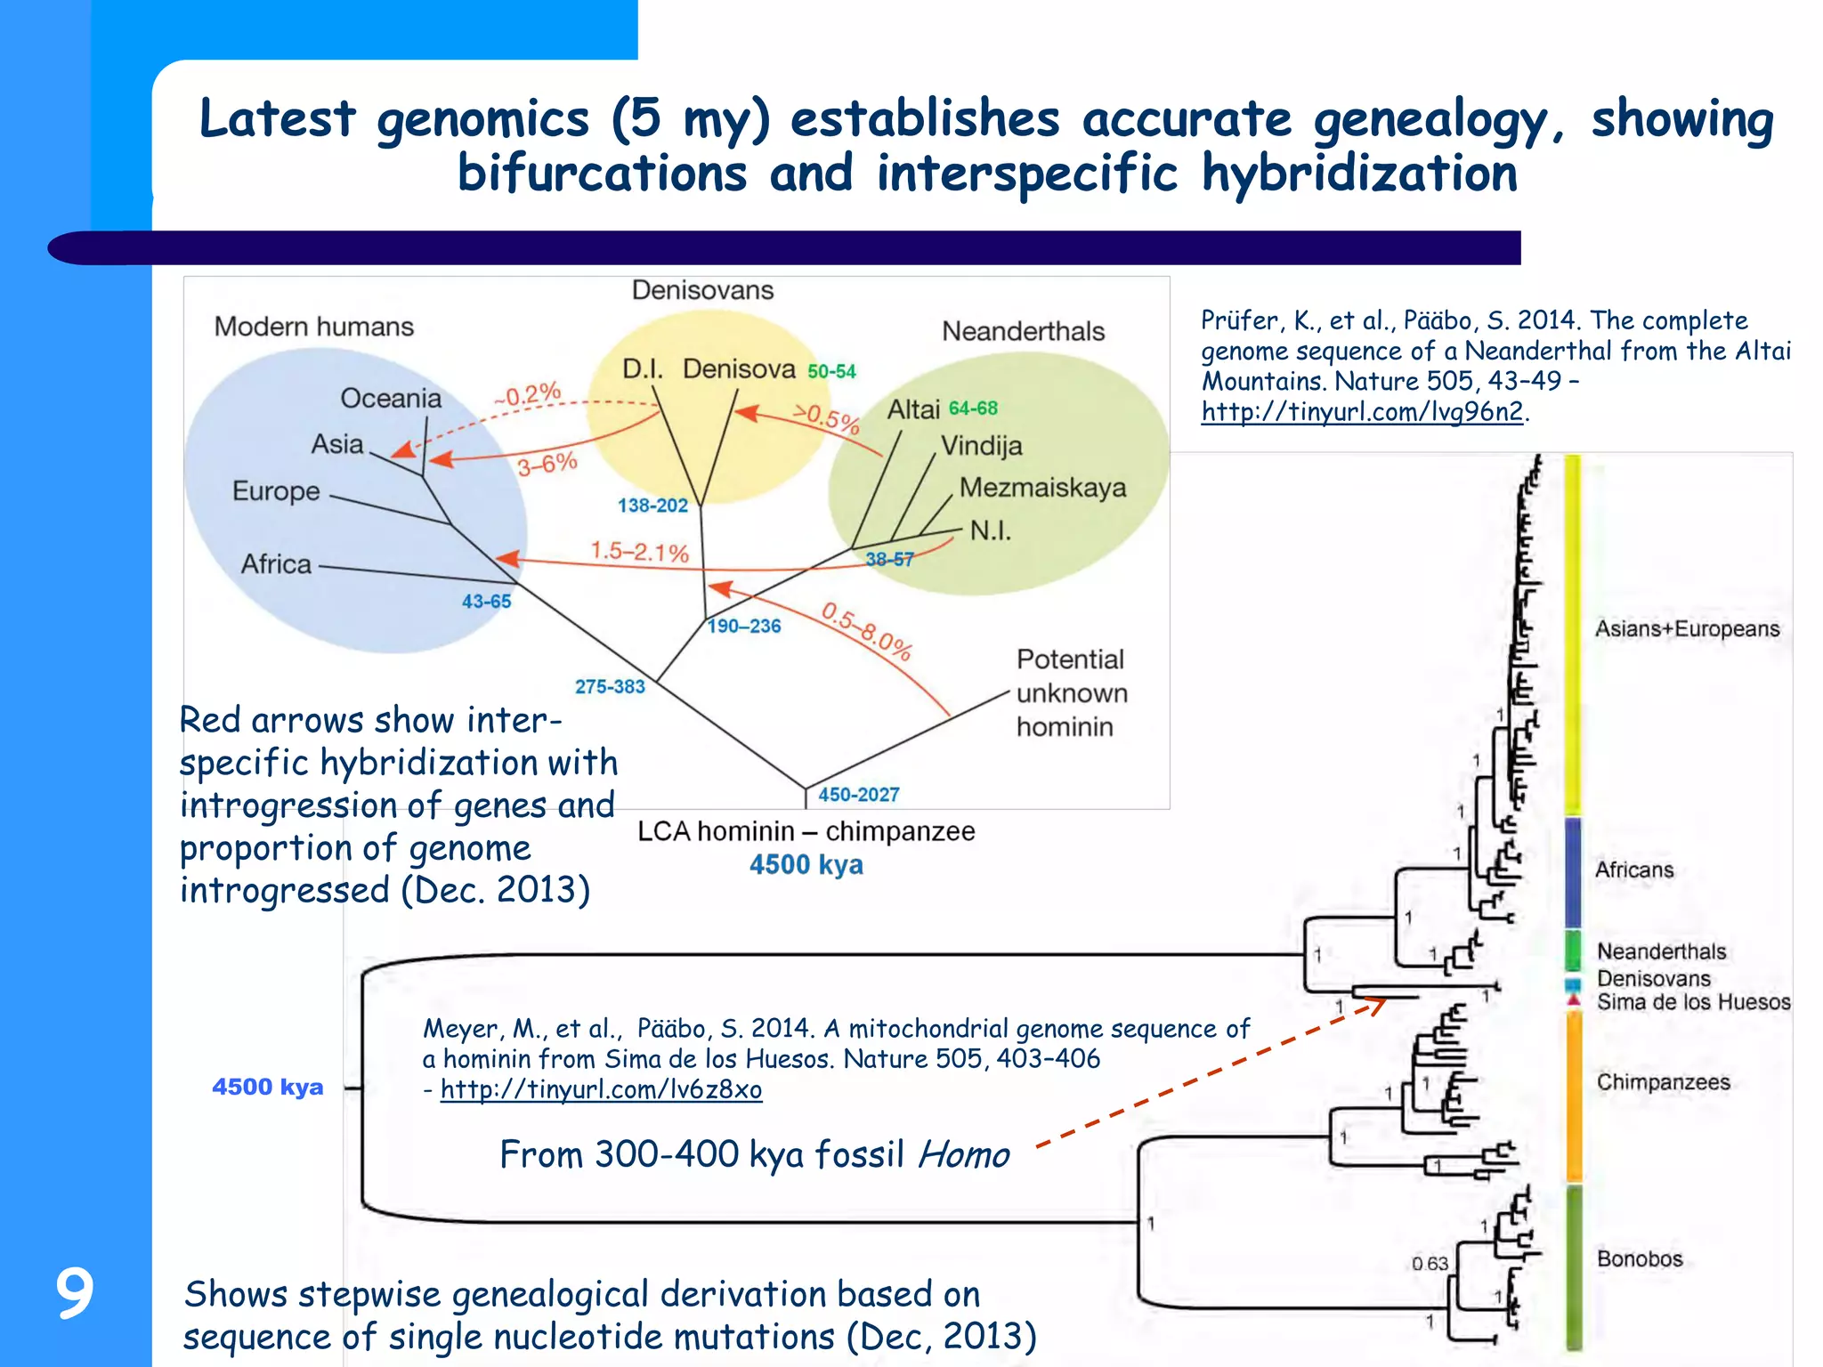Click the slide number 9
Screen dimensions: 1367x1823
[75, 1292]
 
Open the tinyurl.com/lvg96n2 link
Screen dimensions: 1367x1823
[1362, 411]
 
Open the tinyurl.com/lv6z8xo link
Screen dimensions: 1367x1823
[601, 1089]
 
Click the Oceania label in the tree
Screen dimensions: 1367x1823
[391, 398]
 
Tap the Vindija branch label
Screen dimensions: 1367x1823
[982, 445]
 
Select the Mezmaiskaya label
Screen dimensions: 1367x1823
[1042, 488]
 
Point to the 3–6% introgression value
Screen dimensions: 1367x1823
[547, 464]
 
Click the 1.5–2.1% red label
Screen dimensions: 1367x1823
[640, 552]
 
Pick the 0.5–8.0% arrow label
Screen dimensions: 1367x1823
[866, 631]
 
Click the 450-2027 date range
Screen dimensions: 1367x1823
[859, 794]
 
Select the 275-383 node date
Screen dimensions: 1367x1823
[610, 686]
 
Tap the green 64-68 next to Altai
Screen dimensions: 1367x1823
[973, 408]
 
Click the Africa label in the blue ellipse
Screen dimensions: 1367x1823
[276, 564]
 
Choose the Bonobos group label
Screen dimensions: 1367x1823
[1640, 1258]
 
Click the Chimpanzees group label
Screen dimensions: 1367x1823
[1663, 1082]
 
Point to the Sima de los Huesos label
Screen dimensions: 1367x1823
[1693, 1002]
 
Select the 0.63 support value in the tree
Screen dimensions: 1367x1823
[1430, 1264]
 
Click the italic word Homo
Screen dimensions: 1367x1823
[963, 1155]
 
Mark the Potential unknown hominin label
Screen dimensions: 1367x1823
[1071, 692]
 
